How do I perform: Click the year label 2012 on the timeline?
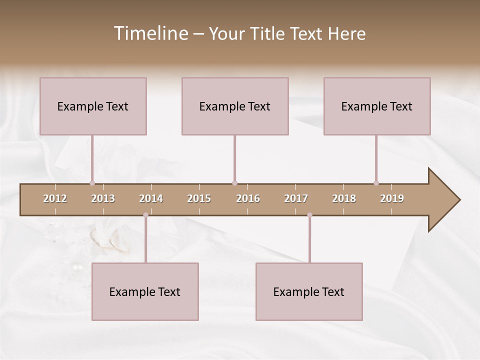click(55, 198)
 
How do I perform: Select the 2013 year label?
click(103, 198)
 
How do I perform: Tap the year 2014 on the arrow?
click(151, 198)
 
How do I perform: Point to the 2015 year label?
click(199, 198)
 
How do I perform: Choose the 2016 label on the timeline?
click(248, 198)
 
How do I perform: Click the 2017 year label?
click(296, 198)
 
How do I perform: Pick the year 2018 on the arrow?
click(344, 198)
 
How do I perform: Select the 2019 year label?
click(392, 198)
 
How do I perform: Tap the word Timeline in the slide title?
click(150, 33)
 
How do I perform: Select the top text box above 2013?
click(93, 106)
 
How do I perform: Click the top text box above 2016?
click(235, 106)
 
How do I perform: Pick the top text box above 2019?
click(377, 106)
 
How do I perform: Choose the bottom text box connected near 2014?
click(145, 291)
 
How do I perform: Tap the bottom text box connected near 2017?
click(309, 291)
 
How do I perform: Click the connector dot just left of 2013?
click(92, 183)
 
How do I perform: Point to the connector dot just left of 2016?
click(234, 183)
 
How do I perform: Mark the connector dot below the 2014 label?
click(145, 215)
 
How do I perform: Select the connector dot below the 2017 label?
click(309, 215)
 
